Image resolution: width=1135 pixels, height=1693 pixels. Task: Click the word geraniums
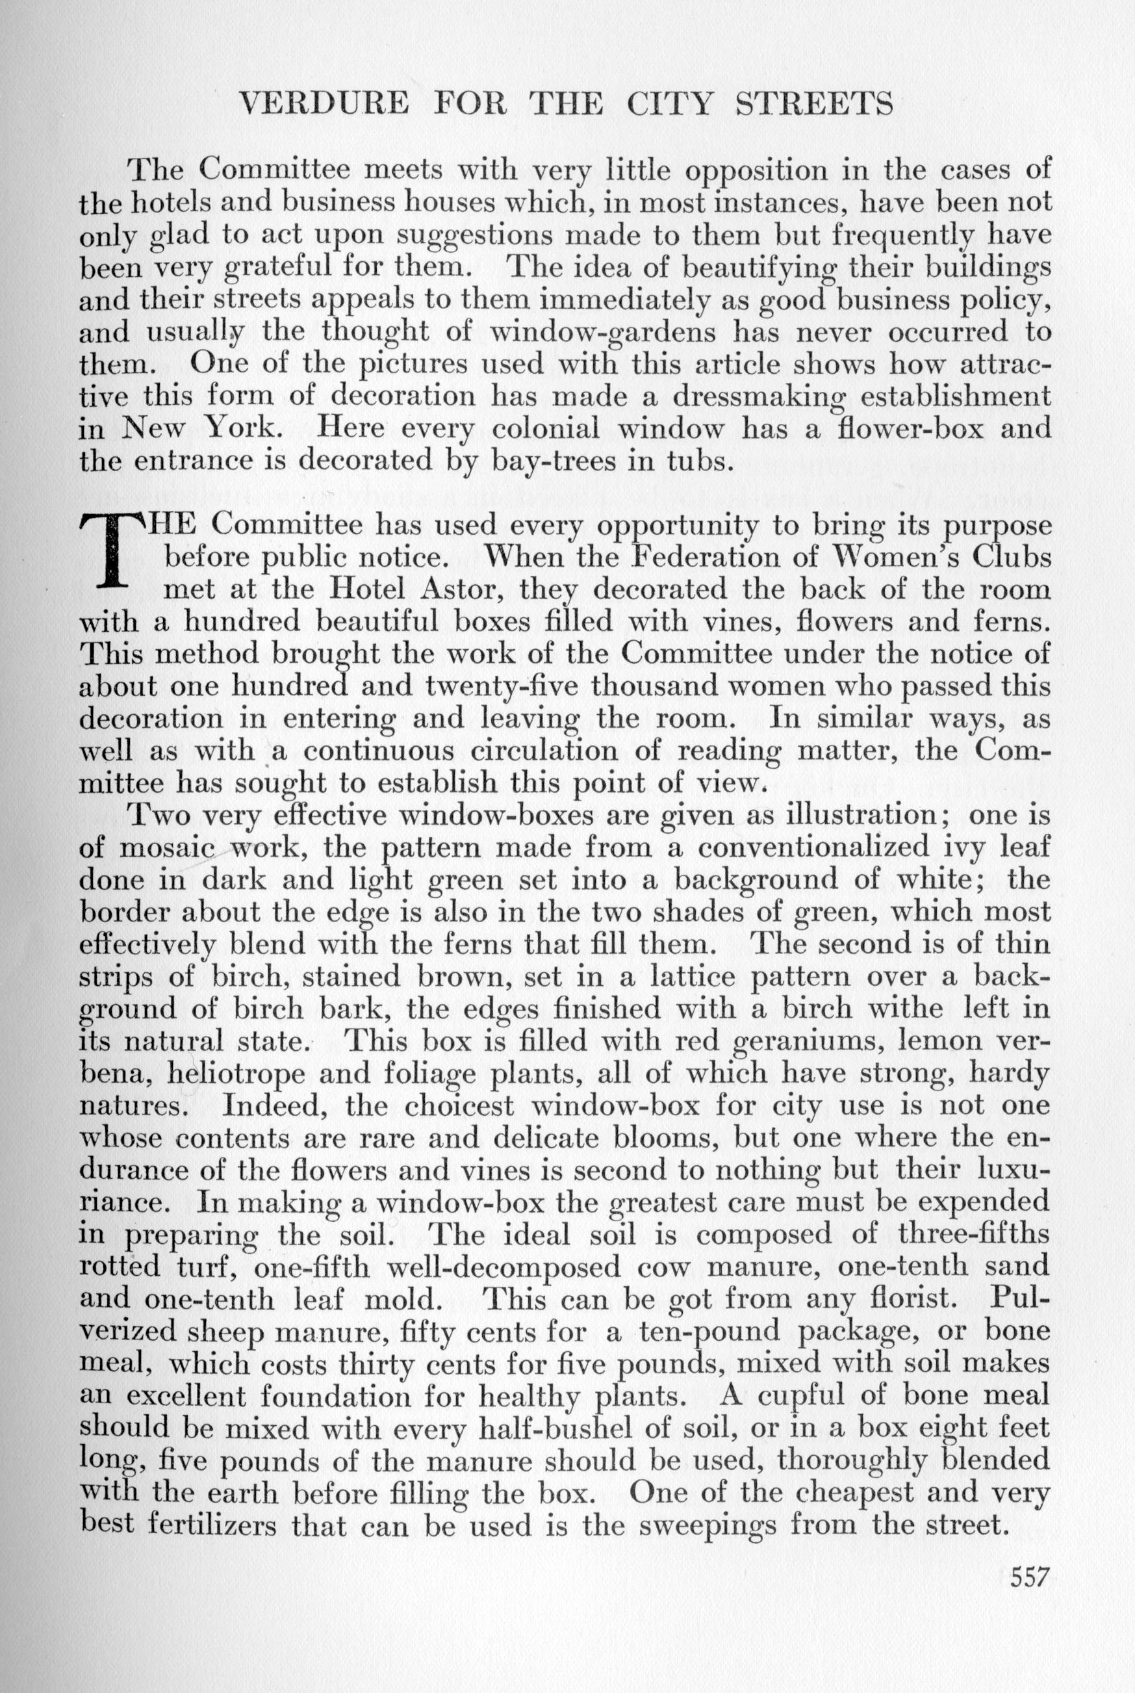pos(810,1041)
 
